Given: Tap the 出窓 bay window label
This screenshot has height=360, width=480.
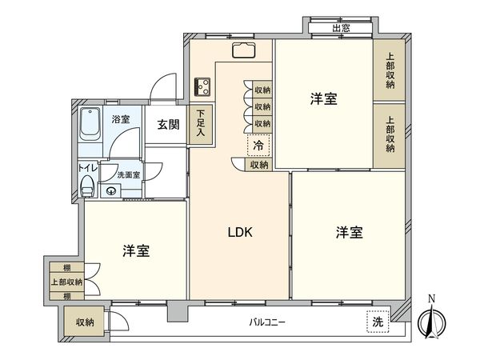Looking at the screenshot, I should [341, 29].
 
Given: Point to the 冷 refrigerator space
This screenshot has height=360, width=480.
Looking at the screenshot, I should [258, 146].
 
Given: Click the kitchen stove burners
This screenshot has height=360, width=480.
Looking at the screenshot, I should [202, 86].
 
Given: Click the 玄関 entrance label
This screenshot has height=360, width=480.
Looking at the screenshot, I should [167, 124].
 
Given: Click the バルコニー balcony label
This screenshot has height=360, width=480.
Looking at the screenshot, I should [266, 322].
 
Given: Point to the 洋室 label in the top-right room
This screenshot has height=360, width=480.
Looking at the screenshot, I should [324, 99].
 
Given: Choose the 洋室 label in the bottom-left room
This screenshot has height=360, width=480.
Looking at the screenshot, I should [136, 250].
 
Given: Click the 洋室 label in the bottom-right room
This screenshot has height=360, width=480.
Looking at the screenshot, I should [349, 233].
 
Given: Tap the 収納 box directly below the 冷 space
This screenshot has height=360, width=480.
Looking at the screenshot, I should [258, 164].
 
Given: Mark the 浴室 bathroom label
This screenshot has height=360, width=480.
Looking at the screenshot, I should [121, 119].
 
